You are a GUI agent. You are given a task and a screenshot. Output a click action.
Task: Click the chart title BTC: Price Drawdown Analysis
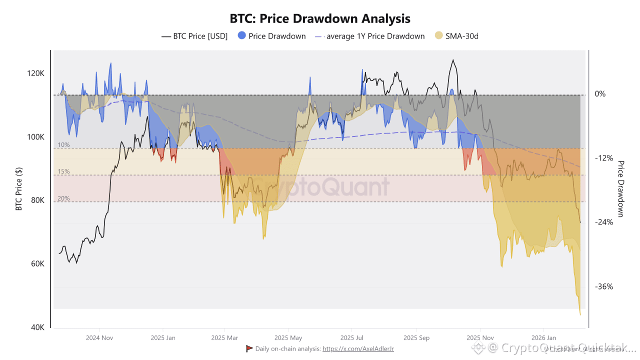coord(320,18)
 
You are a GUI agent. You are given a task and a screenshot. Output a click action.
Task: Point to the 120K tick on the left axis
coord(35,73)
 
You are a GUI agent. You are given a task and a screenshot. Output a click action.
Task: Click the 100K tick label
coord(35,137)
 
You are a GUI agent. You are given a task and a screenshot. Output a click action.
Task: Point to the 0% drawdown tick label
coord(600,94)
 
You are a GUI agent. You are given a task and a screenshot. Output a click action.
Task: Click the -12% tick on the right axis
coord(603,158)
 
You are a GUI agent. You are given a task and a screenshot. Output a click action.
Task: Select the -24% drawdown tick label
coord(603,222)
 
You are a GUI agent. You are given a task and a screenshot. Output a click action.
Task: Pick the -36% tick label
coord(603,287)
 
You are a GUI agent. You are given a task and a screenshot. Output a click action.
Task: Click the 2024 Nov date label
coord(99,337)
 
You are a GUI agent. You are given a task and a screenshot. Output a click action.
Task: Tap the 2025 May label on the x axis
coord(288,337)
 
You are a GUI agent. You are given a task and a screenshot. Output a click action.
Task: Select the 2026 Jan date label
coord(543,337)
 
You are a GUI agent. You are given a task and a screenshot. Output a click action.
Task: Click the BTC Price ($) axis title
coord(19,189)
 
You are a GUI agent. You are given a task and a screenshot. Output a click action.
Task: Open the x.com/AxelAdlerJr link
coord(358,348)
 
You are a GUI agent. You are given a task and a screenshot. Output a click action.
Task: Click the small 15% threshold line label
coord(63,171)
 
